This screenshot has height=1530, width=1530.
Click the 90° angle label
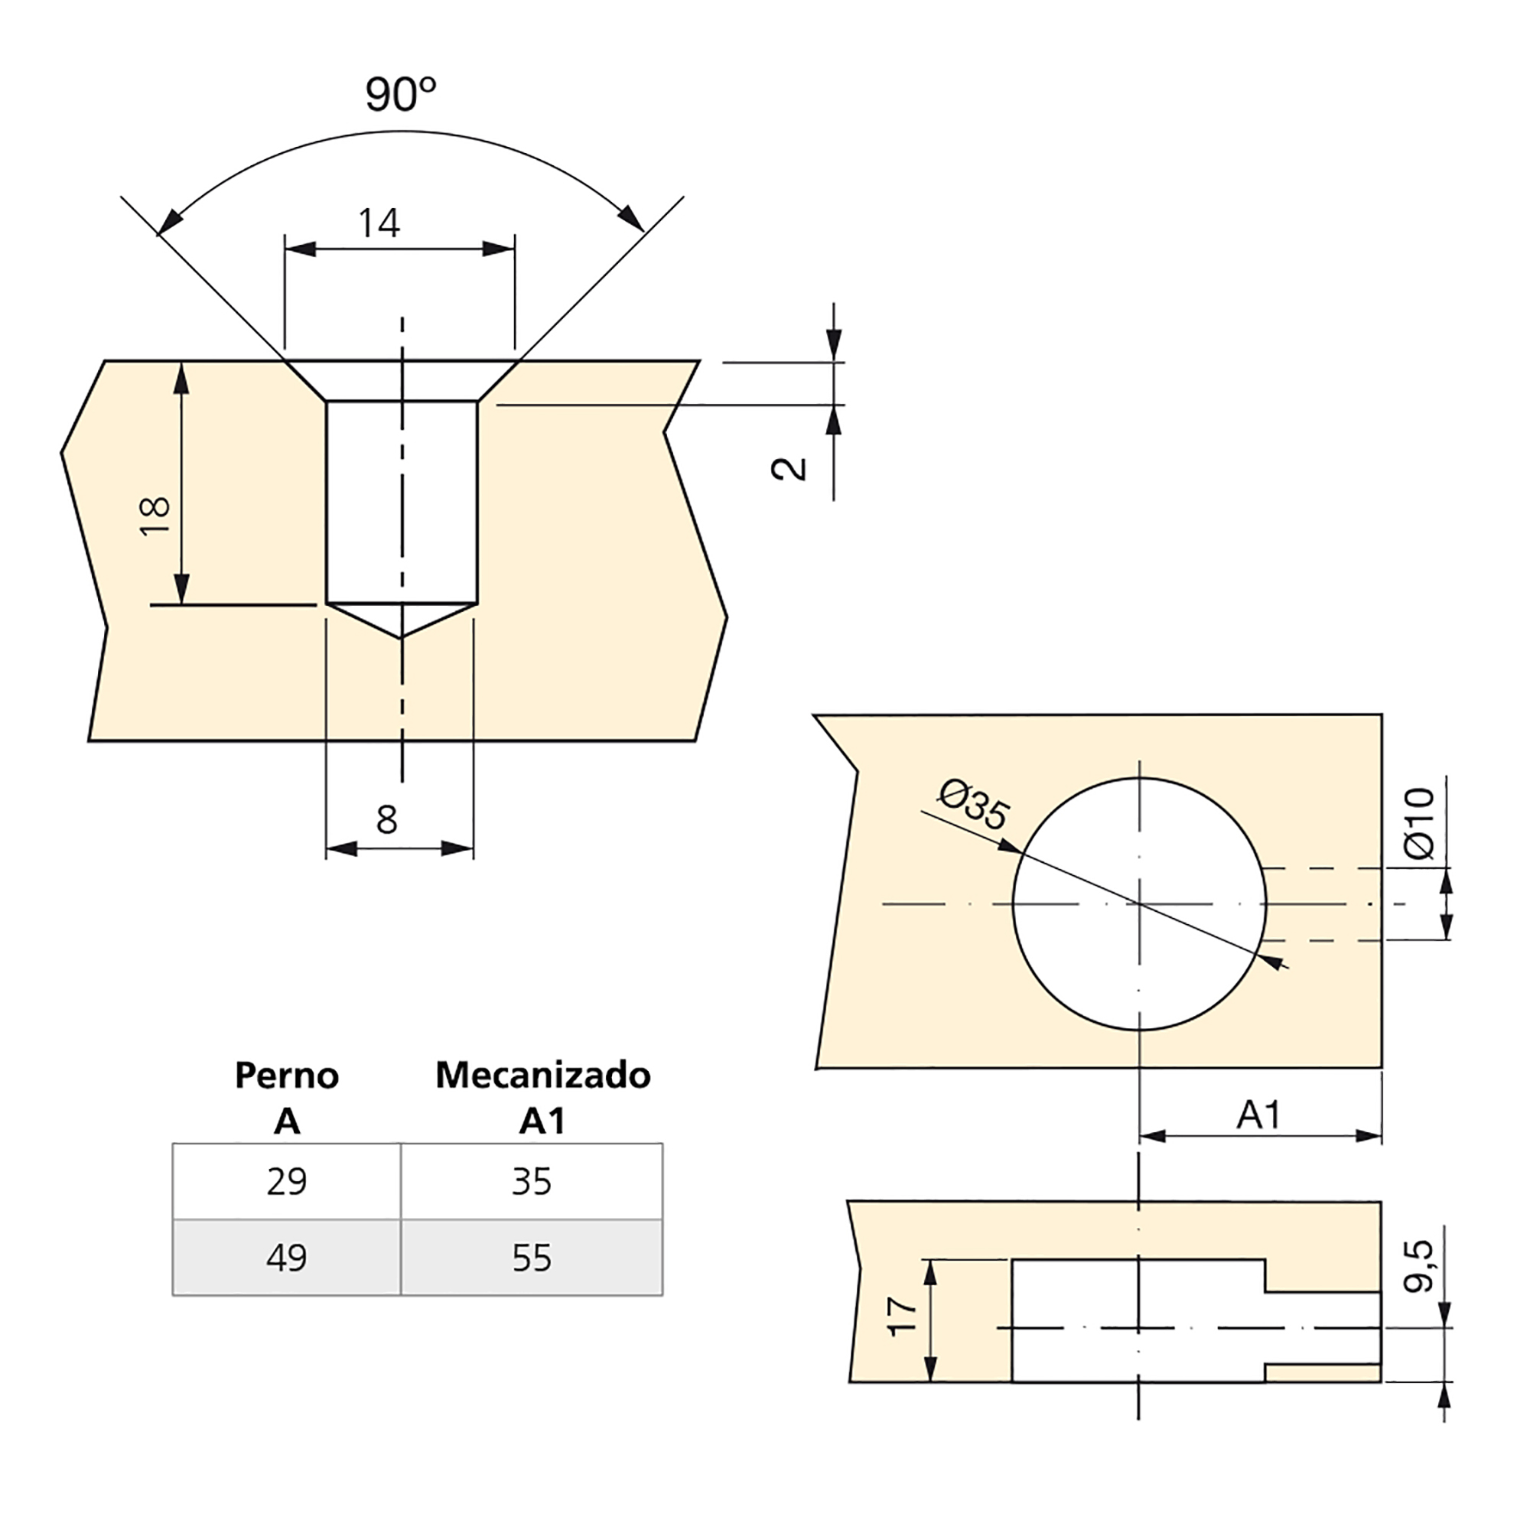pos(401,94)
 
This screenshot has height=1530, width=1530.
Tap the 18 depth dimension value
pos(155,516)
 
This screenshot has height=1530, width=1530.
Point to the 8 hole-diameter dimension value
pos(386,820)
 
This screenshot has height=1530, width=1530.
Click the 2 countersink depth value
pos(789,469)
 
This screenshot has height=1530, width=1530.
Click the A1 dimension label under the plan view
pos(1258,1115)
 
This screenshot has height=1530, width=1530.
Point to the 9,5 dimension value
pos(1418,1266)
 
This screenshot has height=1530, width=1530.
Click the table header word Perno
pos(287,1076)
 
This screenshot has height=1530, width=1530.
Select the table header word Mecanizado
pos(543,1076)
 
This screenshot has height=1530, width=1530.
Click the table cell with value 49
pos(287,1258)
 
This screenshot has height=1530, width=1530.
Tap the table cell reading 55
pos(532,1258)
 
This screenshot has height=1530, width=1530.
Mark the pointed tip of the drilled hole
pos(402,636)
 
